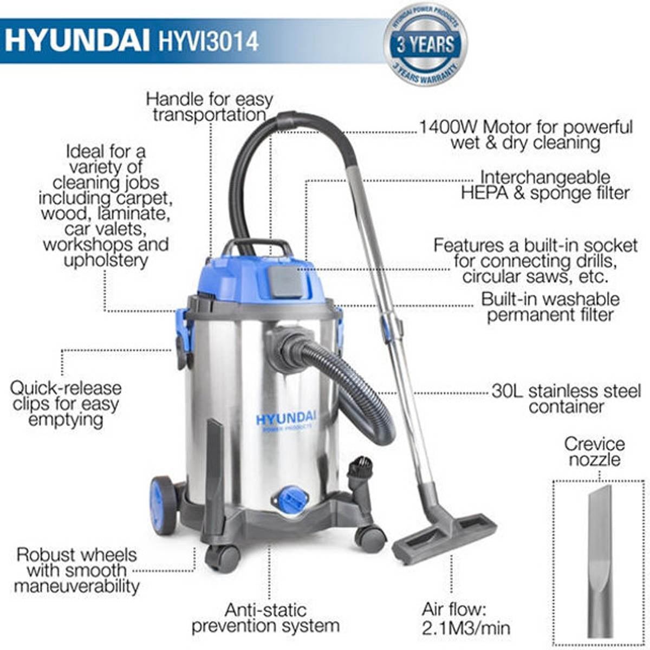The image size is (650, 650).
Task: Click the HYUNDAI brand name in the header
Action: coord(77,41)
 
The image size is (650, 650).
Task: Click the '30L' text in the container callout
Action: coord(507,391)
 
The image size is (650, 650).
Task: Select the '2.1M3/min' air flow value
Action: coord(466,628)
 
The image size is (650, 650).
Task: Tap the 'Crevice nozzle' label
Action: coord(594,452)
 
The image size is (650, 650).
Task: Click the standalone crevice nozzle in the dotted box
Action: coord(600,558)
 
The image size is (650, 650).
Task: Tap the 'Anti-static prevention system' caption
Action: coord(265,618)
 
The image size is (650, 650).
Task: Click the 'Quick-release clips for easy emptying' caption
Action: coord(66,404)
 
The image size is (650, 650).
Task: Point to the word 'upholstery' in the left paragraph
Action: coord(106,260)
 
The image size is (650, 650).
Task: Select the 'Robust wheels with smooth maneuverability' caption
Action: coord(76,570)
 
